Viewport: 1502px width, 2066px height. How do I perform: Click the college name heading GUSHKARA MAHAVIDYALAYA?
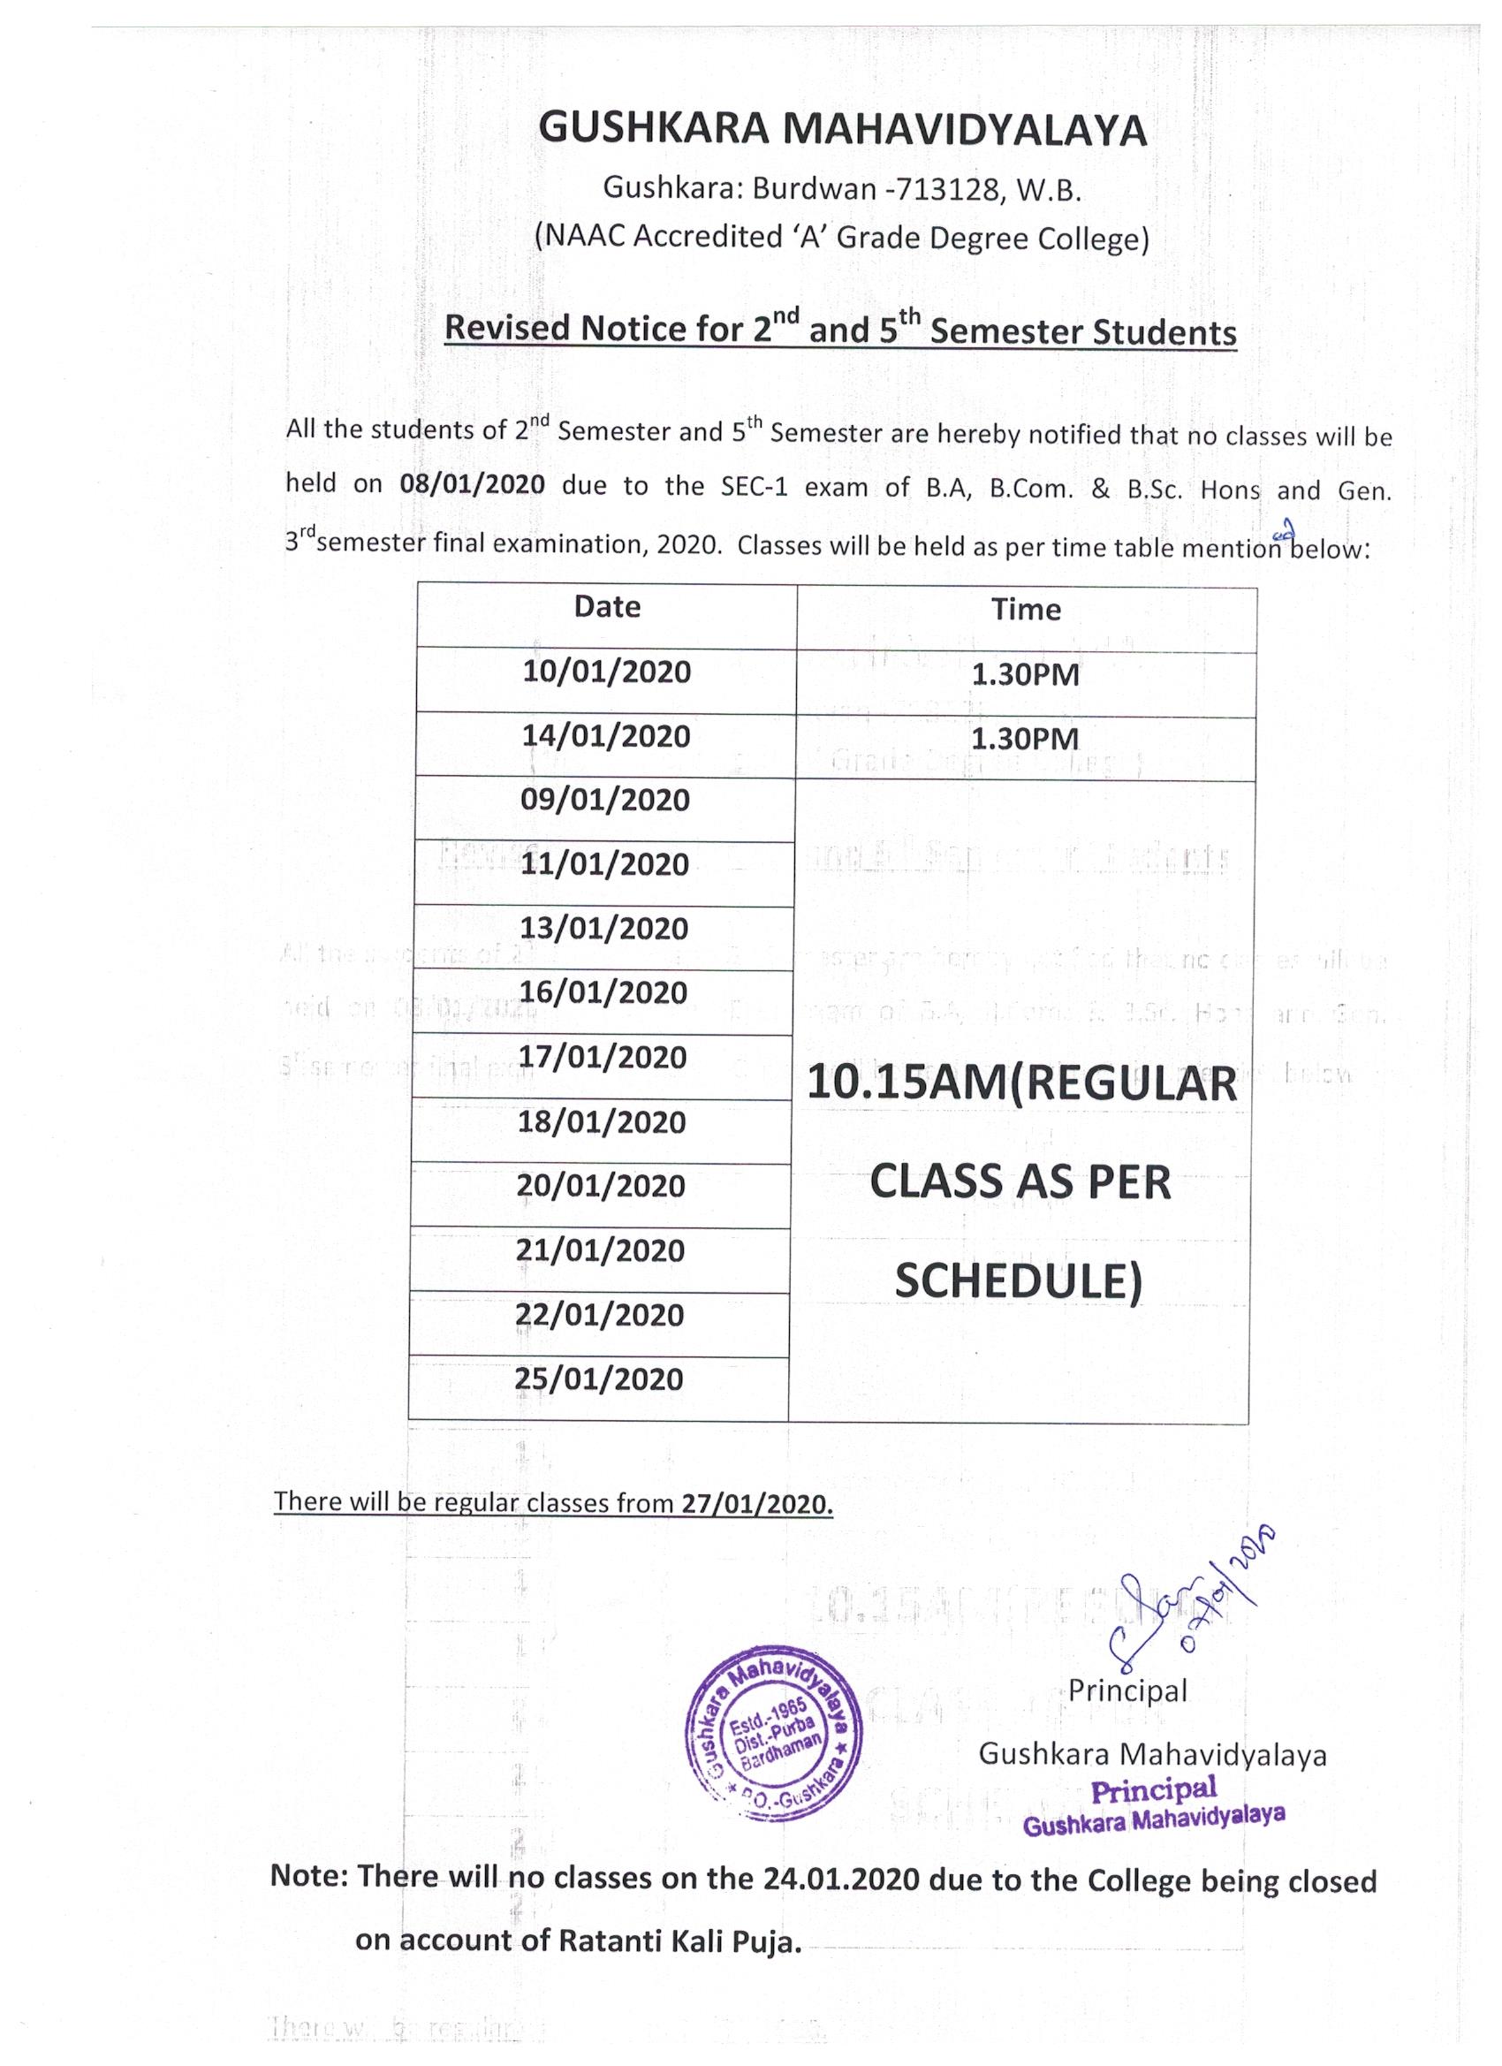click(x=843, y=130)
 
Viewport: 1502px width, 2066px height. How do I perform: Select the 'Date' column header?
click(x=607, y=608)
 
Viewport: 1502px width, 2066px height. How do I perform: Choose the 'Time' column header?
click(x=1026, y=610)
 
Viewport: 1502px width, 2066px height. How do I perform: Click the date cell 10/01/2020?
click(x=607, y=672)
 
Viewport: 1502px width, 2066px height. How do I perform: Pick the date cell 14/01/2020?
click(x=606, y=736)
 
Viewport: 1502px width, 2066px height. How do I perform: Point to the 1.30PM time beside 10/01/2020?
click(x=1026, y=675)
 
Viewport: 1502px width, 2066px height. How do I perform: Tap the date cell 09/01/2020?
click(x=605, y=801)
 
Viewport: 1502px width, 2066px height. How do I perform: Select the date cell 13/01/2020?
click(x=604, y=929)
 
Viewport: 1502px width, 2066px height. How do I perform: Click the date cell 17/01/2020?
click(x=603, y=1058)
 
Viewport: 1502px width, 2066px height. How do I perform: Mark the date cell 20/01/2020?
click(x=601, y=1186)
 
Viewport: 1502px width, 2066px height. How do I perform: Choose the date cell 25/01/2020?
click(x=599, y=1379)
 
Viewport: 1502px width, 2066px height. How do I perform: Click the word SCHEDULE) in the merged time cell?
click(x=1018, y=1282)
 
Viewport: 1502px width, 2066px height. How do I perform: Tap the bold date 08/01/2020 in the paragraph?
click(x=472, y=482)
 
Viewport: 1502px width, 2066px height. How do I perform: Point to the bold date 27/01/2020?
click(x=757, y=1504)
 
